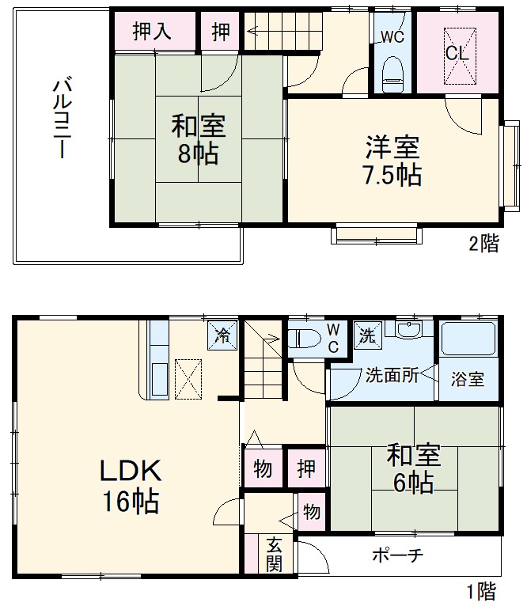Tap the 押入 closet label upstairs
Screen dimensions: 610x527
[x=152, y=32]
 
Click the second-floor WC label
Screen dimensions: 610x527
[x=392, y=36]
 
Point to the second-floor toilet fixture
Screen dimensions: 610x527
[x=392, y=72]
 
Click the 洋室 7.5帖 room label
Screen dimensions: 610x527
[x=392, y=161]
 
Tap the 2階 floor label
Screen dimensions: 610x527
[x=483, y=244]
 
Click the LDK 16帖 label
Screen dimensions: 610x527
[x=130, y=485]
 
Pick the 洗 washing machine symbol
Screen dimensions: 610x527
[x=366, y=334]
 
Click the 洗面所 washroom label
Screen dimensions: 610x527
[x=392, y=377]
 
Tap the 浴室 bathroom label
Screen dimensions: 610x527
[x=468, y=379]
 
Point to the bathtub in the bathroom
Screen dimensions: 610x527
[x=468, y=339]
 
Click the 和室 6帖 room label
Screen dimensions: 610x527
[x=413, y=468]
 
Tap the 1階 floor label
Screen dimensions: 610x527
[x=480, y=590]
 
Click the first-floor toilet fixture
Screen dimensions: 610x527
[x=305, y=339]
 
